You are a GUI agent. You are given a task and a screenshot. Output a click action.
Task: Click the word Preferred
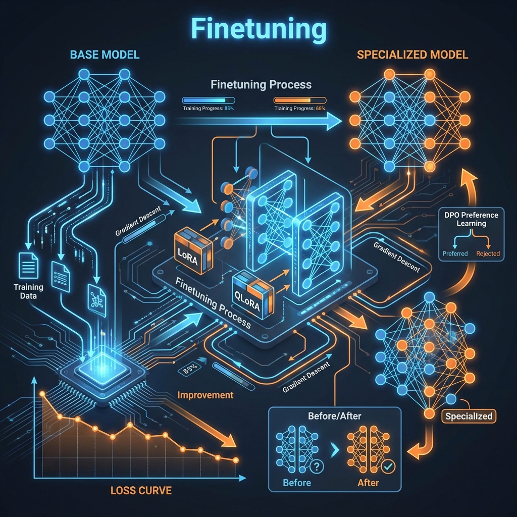pos(455,253)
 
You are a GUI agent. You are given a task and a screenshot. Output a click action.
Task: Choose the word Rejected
pos(488,253)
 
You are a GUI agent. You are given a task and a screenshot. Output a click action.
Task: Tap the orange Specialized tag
pos(469,416)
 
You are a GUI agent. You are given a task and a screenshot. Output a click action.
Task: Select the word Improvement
pos(205,395)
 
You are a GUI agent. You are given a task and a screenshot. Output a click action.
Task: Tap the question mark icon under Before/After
pos(318,466)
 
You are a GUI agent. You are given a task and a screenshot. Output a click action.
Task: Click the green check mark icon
pos(388,467)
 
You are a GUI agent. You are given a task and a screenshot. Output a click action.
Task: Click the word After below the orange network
pos(368,483)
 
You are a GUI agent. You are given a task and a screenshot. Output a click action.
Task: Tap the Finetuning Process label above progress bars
pos(261,84)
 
